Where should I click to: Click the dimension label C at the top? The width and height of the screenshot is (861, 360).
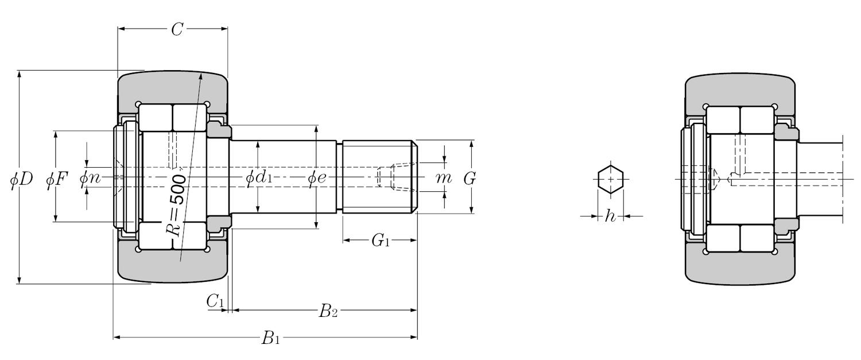pyautogui.click(x=177, y=30)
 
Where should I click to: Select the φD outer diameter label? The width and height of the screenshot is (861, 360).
pyautogui.click(x=21, y=179)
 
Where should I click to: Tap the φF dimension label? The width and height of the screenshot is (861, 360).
pyautogui.click(x=57, y=179)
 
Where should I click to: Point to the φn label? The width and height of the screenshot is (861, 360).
pyautogui.click(x=90, y=179)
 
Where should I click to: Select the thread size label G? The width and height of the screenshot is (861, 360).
pyautogui.click(x=470, y=179)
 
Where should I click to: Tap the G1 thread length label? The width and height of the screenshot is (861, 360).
pyautogui.click(x=380, y=241)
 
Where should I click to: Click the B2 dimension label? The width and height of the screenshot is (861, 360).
pyautogui.click(x=328, y=311)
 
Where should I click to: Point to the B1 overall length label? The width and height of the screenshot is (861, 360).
pyautogui.click(x=271, y=338)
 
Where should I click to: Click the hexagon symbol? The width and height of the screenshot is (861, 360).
pyautogui.click(x=610, y=179)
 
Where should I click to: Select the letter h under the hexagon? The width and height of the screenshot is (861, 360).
pyautogui.click(x=610, y=216)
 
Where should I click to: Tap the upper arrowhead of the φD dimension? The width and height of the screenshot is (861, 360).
pyautogui.click(x=19, y=75)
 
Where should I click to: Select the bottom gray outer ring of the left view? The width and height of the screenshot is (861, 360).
pyautogui.click(x=172, y=266)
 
